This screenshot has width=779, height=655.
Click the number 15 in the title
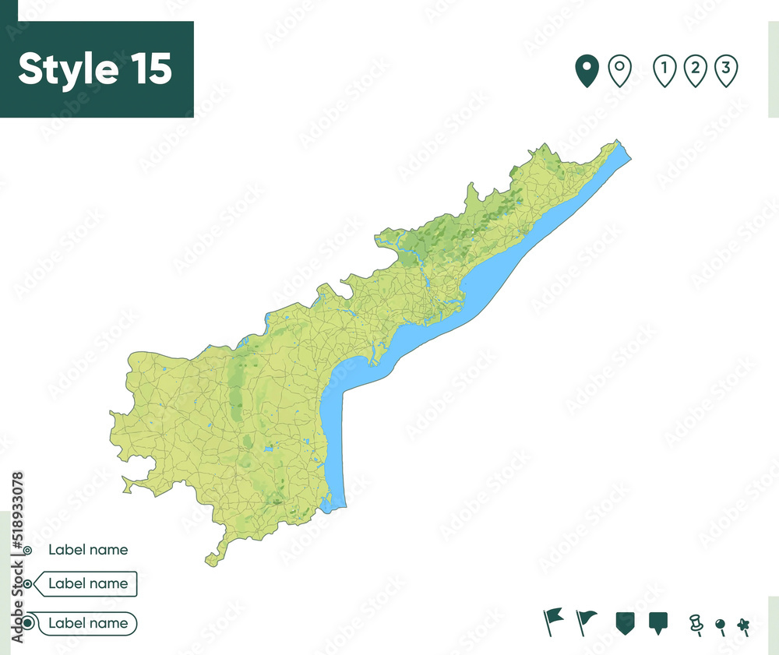146,69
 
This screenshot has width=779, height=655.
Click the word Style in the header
66,69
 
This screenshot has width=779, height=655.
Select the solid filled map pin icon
586,71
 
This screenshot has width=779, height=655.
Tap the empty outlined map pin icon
619,71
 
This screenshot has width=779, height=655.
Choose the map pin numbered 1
664,71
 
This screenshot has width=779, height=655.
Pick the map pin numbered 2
694,71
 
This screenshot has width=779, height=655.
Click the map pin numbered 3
725,71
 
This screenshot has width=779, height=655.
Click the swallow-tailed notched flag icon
554,621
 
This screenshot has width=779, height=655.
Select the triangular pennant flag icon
585,621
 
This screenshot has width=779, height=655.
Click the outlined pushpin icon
696,623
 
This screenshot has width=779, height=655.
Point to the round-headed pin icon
721,625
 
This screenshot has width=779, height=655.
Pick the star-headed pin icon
743,625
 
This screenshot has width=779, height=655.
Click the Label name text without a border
88,550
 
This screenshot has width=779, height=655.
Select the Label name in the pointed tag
88,583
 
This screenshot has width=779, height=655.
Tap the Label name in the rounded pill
88,623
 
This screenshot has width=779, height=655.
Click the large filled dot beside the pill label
28,623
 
